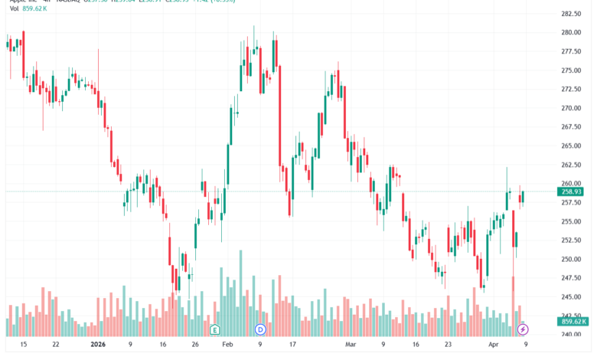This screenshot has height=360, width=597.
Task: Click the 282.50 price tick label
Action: pyautogui.click(x=572, y=14)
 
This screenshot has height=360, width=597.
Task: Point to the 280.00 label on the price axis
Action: pyautogui.click(x=572, y=33)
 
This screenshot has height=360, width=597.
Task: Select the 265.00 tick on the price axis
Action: pyautogui.click(x=572, y=146)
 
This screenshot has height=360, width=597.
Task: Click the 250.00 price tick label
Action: pyautogui.click(x=572, y=259)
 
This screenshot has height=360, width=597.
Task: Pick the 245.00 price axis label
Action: pyautogui.click(x=572, y=297)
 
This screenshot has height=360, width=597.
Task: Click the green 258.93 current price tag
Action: pyautogui.click(x=572, y=191)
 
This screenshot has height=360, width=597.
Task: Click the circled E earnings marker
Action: pyautogui.click(x=215, y=329)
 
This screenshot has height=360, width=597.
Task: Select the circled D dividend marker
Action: pyautogui.click(x=259, y=329)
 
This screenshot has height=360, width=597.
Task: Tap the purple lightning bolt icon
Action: pyautogui.click(x=524, y=329)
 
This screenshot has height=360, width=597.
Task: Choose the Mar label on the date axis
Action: pyautogui.click(x=351, y=345)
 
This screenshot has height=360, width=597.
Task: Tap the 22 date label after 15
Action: pyautogui.click(x=55, y=345)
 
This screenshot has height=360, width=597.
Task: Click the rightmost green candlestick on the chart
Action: pyautogui.click(x=522, y=197)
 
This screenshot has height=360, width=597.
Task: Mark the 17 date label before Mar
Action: pyautogui.click(x=291, y=345)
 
